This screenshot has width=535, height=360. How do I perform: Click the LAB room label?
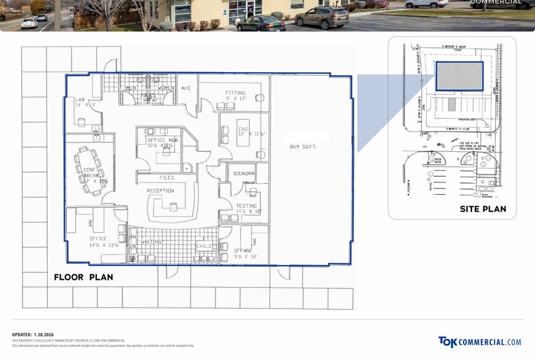[80, 99]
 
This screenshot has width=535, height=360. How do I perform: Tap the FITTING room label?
[235, 93]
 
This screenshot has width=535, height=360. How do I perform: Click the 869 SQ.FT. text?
[304, 147]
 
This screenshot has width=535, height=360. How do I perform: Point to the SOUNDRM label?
[244, 173]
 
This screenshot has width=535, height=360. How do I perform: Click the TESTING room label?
[247, 206]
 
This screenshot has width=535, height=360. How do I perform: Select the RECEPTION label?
[160, 190]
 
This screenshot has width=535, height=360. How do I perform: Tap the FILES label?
[166, 178]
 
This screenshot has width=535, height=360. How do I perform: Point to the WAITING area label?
[151, 242]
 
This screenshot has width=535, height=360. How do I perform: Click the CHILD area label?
[204, 246]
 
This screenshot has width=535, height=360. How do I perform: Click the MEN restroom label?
[131, 88]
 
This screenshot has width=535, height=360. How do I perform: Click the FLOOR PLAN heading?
[83, 277]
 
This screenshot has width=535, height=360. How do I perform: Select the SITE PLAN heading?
[483, 209]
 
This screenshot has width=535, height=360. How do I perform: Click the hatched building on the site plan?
[459, 77]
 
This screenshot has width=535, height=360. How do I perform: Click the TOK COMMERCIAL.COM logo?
[479, 342]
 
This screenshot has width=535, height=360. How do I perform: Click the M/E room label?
[186, 88]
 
